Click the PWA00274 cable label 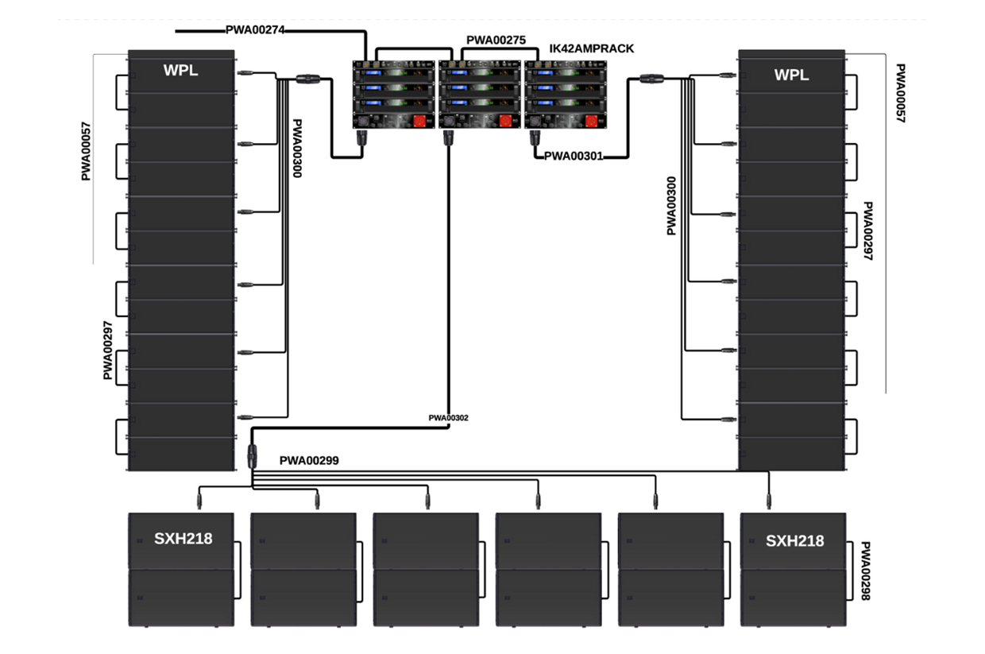(255, 30)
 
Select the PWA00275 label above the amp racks (496, 40)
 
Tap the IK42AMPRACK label (592, 48)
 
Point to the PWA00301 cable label (574, 156)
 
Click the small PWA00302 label (449, 418)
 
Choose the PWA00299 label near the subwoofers (309, 460)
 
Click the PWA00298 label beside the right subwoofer (865, 571)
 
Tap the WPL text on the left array (181, 71)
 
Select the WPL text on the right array (791, 75)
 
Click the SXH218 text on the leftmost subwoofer (183, 538)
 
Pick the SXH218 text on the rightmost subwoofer (795, 541)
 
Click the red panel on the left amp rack (419, 121)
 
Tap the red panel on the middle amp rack (505, 121)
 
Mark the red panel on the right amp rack (591, 121)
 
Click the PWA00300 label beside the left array (297, 149)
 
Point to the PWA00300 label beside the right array (671, 206)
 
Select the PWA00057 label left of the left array (86, 151)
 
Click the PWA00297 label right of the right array (868, 231)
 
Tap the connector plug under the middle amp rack (448, 137)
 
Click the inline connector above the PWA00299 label (252, 456)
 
